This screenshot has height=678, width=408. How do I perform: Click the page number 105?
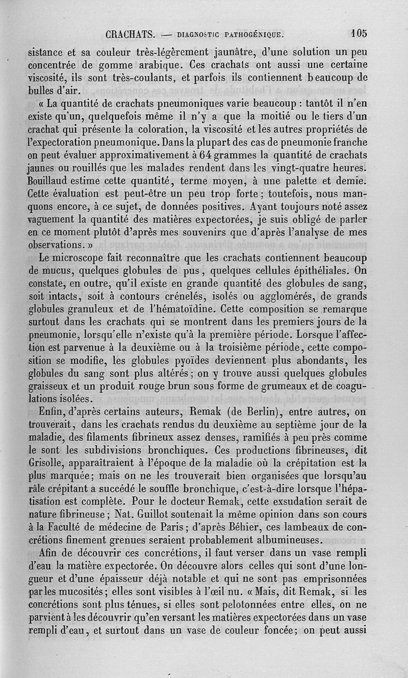point(359,34)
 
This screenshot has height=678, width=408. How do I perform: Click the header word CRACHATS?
point(131,35)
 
